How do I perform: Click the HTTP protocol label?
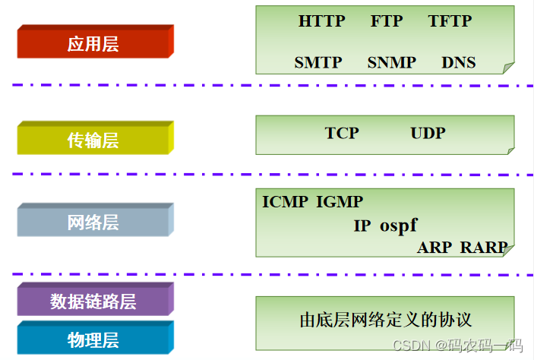point(322,21)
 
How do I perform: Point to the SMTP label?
point(318,62)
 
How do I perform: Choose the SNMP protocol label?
point(392,62)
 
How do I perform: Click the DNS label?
point(458,62)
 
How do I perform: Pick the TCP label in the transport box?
point(342,133)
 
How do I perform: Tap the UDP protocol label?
point(428,133)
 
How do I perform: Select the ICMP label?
point(286,202)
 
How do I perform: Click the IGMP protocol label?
point(340,202)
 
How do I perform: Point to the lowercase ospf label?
point(399,226)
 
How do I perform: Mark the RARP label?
point(484,248)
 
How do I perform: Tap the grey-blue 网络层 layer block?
point(93,222)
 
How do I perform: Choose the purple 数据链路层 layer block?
point(93,301)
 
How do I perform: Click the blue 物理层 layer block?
point(93,339)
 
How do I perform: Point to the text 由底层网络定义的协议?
point(387,319)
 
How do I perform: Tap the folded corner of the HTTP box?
point(508,68)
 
